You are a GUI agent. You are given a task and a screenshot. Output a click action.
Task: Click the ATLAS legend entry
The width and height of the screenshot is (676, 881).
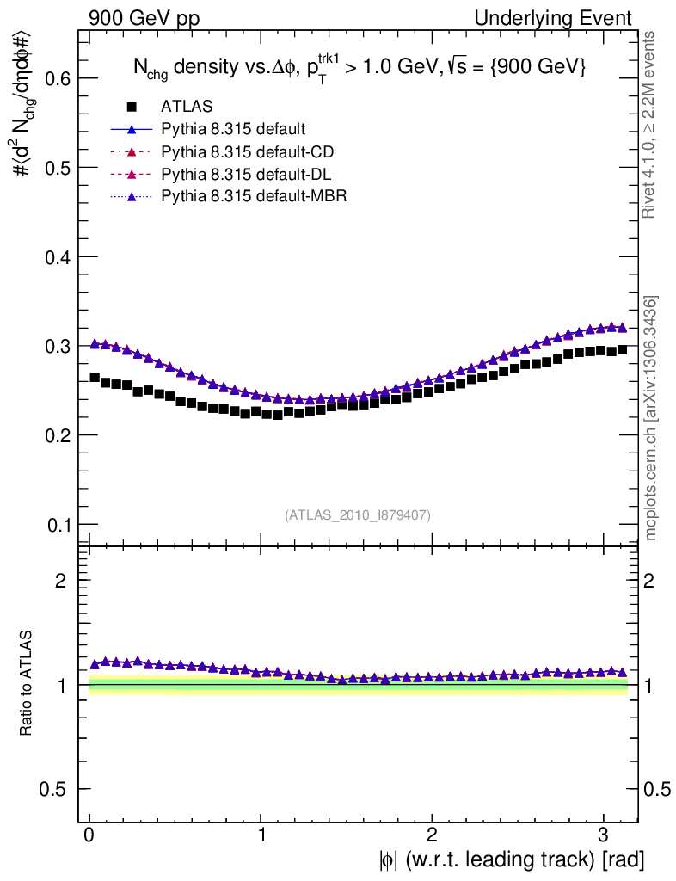[187, 107]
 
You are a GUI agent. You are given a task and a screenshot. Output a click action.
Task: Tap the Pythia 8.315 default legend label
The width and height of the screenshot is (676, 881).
[233, 130]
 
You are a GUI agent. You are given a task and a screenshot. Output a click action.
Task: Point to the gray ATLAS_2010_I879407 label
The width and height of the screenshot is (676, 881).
[358, 514]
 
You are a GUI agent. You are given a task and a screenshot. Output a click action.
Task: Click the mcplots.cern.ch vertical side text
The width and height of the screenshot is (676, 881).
[651, 418]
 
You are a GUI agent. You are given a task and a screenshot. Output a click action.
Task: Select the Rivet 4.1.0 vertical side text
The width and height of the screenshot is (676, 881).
[651, 124]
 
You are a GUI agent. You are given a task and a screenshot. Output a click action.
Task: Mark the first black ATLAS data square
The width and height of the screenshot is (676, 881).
[95, 377]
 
